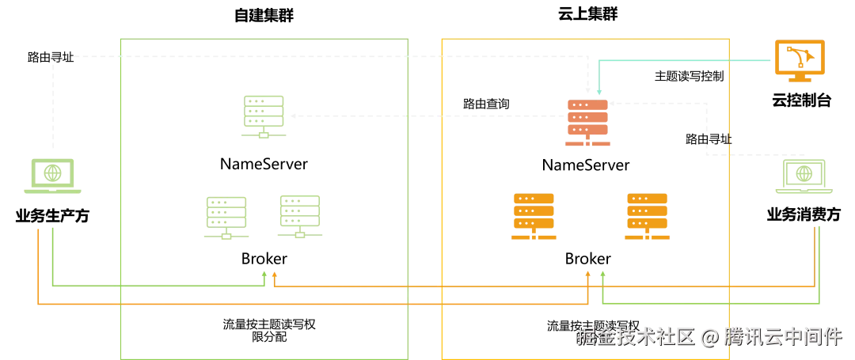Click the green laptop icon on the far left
(x=51, y=176)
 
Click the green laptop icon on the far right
(x=804, y=176)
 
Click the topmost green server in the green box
(x=264, y=116)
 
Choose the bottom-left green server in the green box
(x=226, y=215)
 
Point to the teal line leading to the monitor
(x=681, y=59)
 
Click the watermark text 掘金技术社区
(x=635, y=336)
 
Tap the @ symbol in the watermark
(x=709, y=337)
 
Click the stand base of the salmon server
(x=588, y=145)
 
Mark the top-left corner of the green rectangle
(x=117, y=40)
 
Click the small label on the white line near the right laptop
(x=717, y=139)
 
